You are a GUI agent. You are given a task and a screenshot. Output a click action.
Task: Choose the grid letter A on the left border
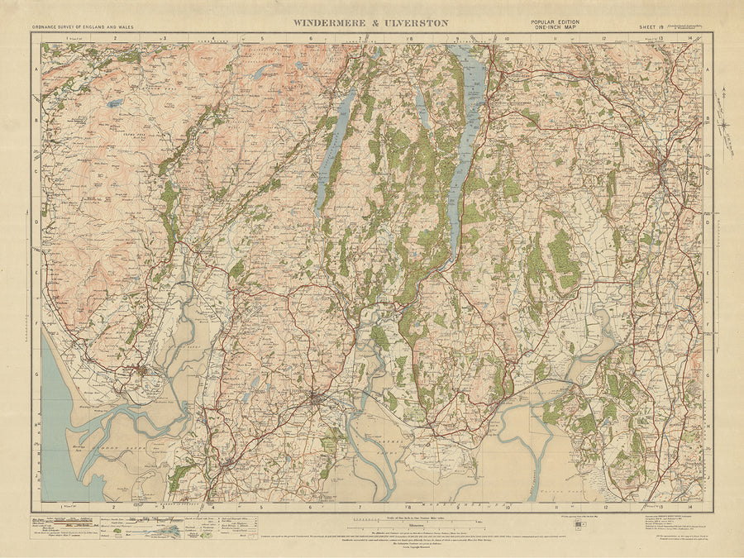click(36, 72)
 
